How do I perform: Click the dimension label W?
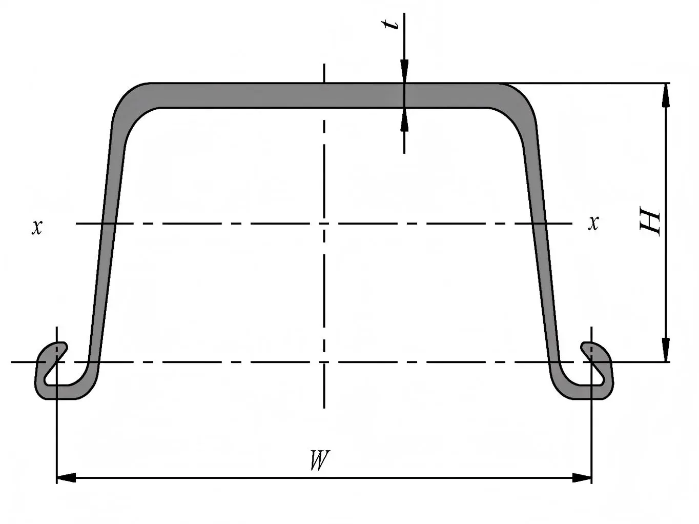click(x=319, y=460)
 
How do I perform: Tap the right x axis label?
click(x=593, y=223)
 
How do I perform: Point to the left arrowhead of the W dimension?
click(x=66, y=478)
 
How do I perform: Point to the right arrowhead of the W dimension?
click(x=582, y=478)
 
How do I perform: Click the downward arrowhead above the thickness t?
click(x=404, y=71)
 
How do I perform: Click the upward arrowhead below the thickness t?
click(x=404, y=120)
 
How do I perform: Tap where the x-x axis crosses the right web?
click(x=539, y=224)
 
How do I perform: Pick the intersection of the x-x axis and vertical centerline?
click(x=324, y=224)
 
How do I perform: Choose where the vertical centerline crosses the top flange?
click(x=324, y=95)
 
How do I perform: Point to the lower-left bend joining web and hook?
click(x=88, y=382)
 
